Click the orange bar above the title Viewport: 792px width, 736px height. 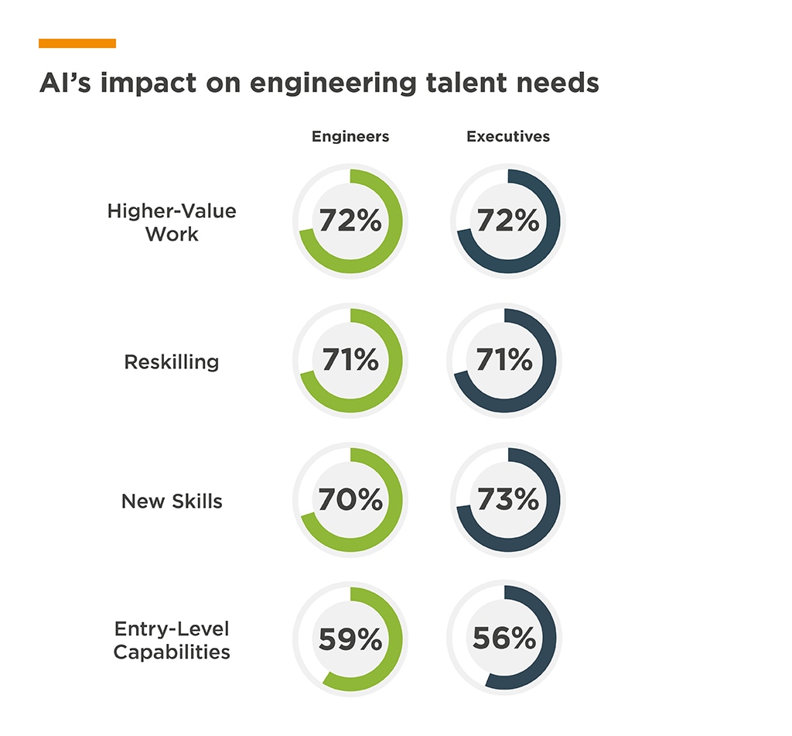77,43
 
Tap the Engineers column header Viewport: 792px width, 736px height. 350,137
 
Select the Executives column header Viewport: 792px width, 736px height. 508,137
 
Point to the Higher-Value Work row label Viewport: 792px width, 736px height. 172,222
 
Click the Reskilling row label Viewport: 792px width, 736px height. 172,361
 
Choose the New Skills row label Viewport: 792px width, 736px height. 172,501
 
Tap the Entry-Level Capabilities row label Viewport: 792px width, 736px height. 172,640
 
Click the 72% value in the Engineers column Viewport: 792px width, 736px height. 350,221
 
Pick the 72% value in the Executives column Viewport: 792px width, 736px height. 508,221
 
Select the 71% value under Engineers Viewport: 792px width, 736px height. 350,361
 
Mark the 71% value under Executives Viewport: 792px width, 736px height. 505,361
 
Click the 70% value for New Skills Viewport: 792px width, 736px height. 350,500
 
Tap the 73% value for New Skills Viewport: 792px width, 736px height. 508,500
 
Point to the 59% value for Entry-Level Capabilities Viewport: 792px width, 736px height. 350,639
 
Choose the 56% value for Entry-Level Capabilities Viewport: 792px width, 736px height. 504,638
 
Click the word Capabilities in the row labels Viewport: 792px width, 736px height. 172,652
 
